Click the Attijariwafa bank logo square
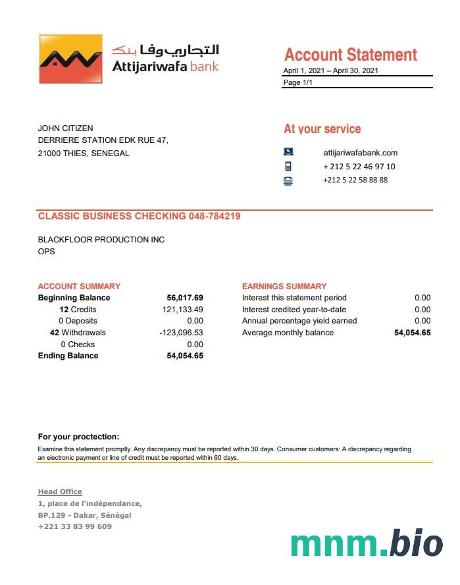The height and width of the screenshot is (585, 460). pos(70,59)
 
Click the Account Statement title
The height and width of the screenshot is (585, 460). pos(350,55)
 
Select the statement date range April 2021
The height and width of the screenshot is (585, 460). pos(330,70)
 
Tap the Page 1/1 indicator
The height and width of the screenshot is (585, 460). pos(297,82)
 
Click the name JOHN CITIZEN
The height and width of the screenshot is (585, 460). pos(65,128)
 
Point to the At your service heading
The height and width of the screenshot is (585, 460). pos(322,129)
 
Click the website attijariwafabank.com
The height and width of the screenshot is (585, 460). pos(360,153)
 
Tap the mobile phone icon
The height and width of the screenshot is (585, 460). pos(288,167)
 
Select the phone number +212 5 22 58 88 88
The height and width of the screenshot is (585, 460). pos(355,180)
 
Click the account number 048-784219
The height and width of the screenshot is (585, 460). pos(215,216)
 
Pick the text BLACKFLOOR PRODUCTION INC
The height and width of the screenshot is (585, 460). pos(101,240)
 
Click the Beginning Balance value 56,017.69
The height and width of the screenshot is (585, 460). pos(185,298)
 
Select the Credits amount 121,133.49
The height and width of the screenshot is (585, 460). pos(182,310)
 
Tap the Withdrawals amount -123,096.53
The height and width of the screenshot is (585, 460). pos(181,333)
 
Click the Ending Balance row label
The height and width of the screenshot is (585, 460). pos(68,356)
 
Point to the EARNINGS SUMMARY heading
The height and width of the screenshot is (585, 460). pos(284,287)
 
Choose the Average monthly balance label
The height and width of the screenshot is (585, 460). pos(288,333)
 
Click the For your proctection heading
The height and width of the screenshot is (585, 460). pos(78,437)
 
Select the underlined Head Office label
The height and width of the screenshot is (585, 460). pos(60,491)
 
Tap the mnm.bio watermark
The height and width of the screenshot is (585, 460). pos(367,543)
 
